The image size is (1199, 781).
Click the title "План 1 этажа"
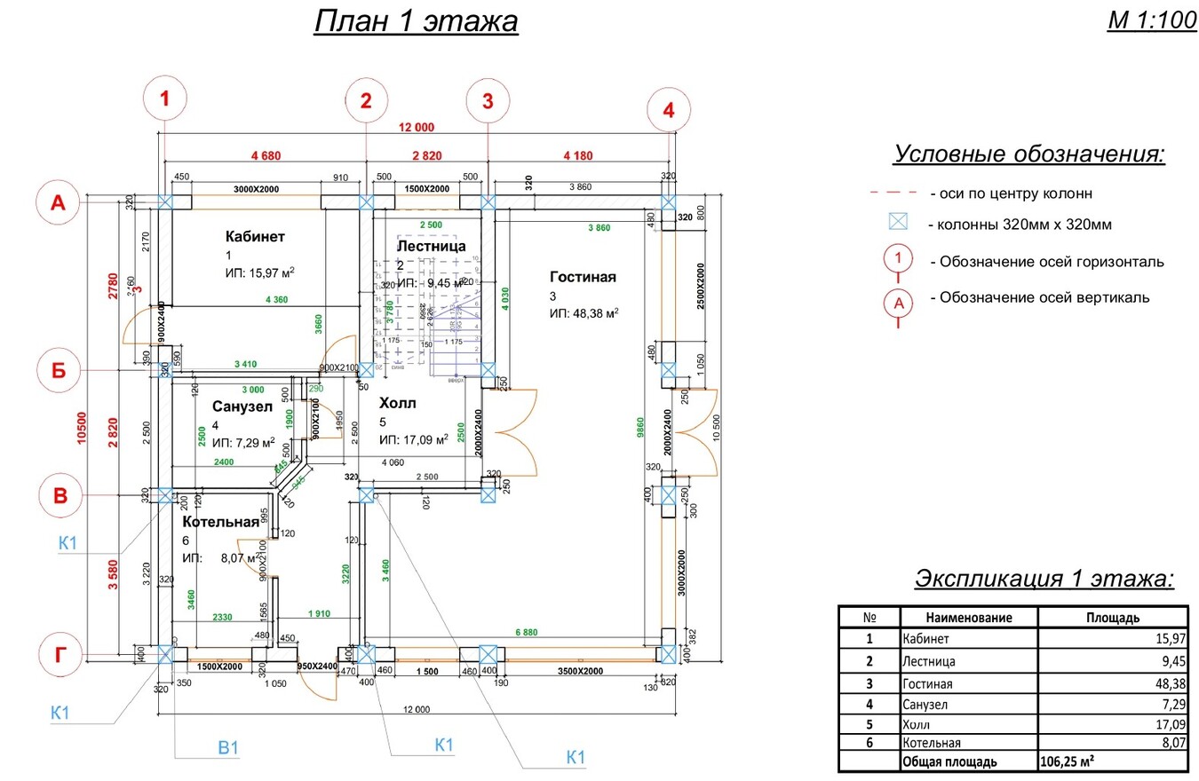pyautogui.click(x=416, y=21)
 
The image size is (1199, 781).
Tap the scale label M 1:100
pyautogui.click(x=1152, y=21)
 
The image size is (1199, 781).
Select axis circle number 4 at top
pyautogui.click(x=668, y=110)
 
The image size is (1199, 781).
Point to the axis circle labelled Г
pyautogui.click(x=60, y=655)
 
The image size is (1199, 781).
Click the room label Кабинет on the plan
pyautogui.click(x=255, y=236)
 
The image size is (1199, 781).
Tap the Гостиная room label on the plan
pyautogui.click(x=583, y=277)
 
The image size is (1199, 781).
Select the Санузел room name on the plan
pyautogui.click(x=242, y=406)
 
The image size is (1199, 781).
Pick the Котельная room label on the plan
pyautogui.click(x=221, y=522)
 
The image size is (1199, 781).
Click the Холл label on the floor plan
pyautogui.click(x=397, y=403)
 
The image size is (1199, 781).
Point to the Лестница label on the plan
pyautogui.click(x=432, y=246)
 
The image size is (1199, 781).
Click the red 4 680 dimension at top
pyautogui.click(x=266, y=155)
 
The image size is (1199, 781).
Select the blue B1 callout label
pyautogui.click(x=229, y=747)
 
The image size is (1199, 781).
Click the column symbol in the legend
pyautogui.click(x=900, y=224)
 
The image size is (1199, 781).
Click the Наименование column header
pyautogui.click(x=968, y=618)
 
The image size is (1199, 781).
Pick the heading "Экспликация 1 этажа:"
pyautogui.click(x=1044, y=579)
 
